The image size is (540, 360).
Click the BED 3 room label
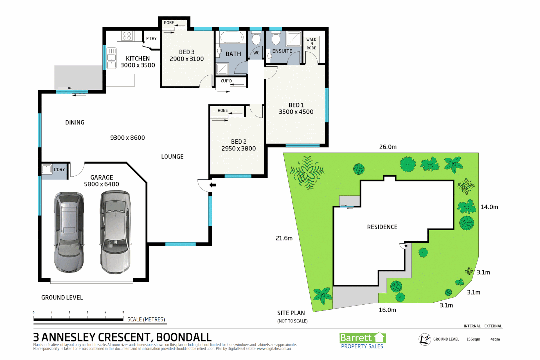[187, 52]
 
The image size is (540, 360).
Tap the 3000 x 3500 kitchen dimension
[138, 65]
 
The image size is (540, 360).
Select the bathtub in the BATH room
[232, 38]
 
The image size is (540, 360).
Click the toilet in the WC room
[256, 39]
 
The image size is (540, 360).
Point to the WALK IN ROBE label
[311, 44]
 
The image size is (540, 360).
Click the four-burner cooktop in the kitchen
[127, 36]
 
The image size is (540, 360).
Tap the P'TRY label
[151, 39]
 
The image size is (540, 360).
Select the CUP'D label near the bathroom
[226, 81]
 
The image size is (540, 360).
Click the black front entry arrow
[213, 185]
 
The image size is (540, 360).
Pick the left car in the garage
[69, 232]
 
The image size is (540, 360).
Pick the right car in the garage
[115, 232]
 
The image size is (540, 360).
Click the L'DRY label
[59, 170]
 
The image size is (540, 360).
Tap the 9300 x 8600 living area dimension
[128, 138]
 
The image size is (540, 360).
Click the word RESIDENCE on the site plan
[382, 227]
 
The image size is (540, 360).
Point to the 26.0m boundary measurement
[388, 147]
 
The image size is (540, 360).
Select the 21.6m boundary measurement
[284, 238]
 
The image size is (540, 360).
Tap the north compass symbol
[425, 339]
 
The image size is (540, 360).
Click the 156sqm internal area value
[473, 339]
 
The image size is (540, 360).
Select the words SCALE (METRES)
[146, 319]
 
